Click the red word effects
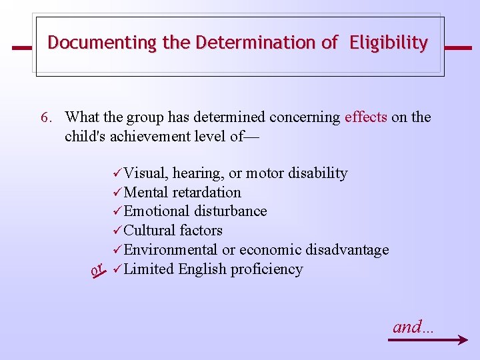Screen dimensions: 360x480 click(365, 117)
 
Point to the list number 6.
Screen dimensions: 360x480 click(45, 117)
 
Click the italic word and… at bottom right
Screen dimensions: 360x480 click(413, 327)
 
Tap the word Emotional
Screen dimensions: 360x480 click(157, 211)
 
